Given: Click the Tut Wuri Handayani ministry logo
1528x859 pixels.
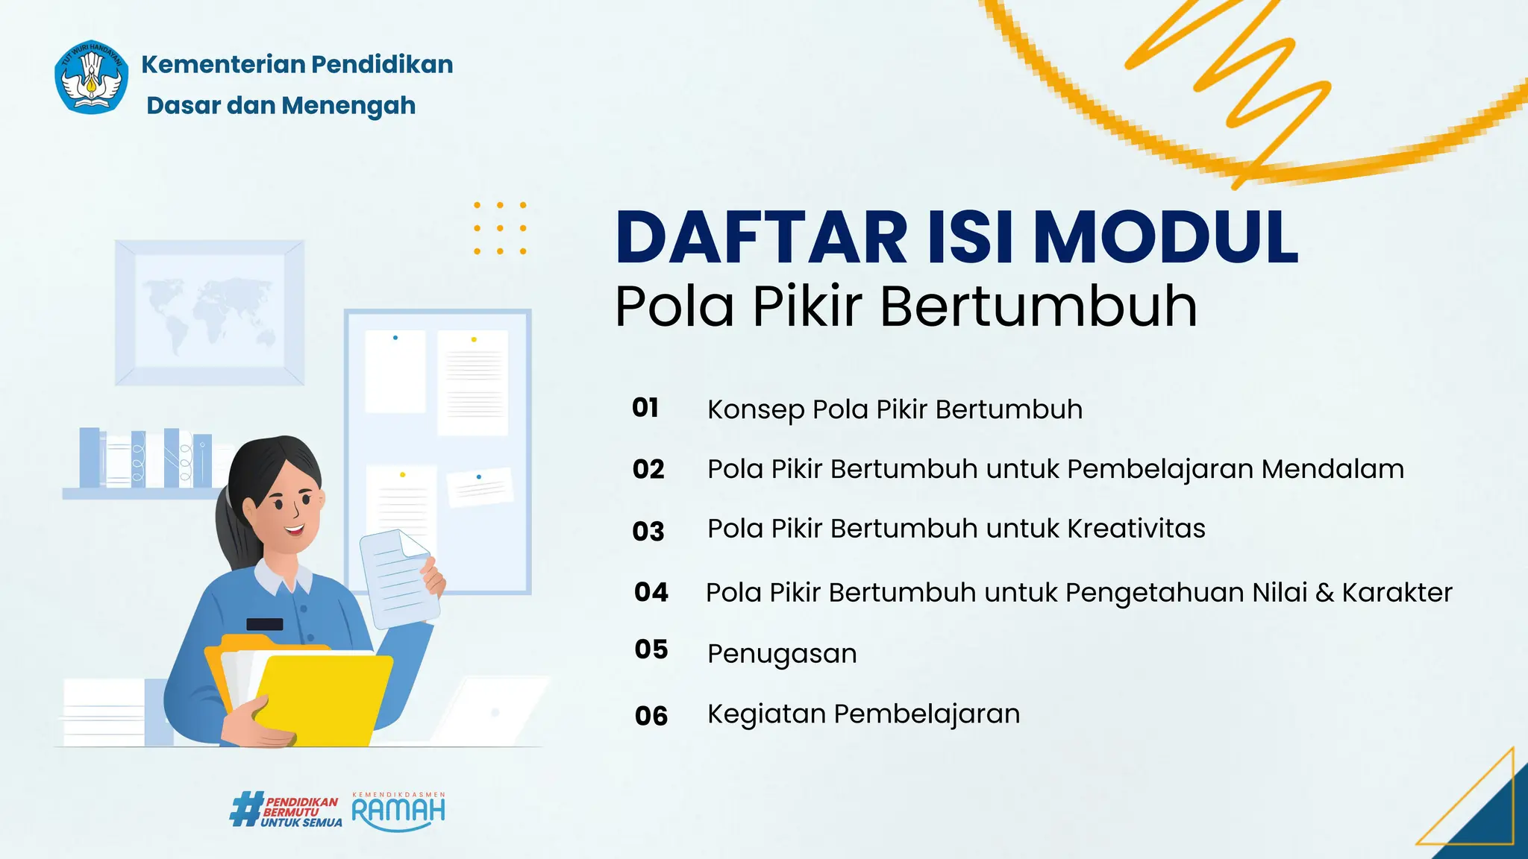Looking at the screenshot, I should click(91, 78).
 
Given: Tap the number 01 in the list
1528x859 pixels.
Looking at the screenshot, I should click(645, 408).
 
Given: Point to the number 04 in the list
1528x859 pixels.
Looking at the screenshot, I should click(651, 592).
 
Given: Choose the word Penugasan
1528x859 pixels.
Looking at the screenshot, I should click(782, 654).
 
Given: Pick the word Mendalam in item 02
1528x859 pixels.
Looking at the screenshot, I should click(1333, 469).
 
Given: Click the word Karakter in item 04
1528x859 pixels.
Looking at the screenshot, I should click(1397, 593).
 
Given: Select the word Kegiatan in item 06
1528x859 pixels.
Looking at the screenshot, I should click(766, 714).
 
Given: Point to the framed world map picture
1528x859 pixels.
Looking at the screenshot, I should click(210, 312).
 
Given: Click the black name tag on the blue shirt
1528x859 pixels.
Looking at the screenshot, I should click(264, 624).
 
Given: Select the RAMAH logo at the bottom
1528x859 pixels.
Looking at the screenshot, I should click(398, 811).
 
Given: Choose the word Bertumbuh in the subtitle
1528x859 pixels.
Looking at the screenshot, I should click(1039, 306).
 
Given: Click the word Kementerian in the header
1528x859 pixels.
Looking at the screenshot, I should click(222, 65).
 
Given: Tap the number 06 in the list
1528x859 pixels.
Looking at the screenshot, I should click(651, 716).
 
